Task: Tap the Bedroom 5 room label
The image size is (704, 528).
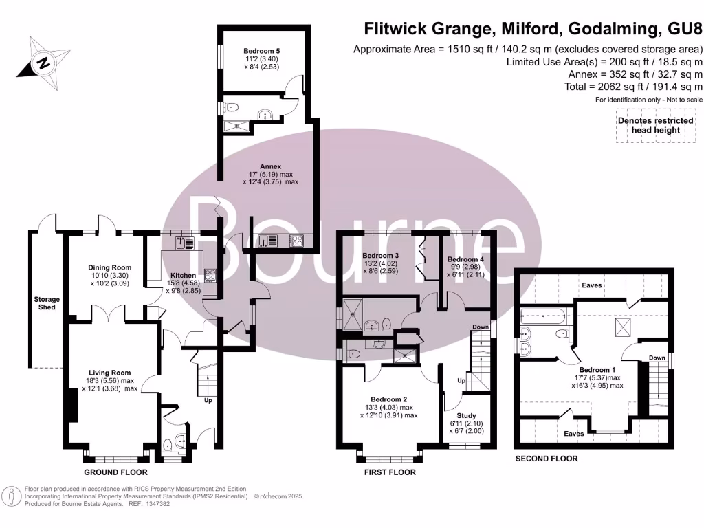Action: pos(261,51)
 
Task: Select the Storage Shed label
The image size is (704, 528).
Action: pos(47,303)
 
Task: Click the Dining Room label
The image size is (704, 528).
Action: pos(109,267)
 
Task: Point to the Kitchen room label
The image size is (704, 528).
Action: pos(184,275)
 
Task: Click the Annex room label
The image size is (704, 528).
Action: pos(270,166)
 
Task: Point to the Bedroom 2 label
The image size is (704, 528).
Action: pos(389,399)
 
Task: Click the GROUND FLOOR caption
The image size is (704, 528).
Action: pos(115,473)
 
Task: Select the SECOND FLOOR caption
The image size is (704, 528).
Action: pos(547,459)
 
